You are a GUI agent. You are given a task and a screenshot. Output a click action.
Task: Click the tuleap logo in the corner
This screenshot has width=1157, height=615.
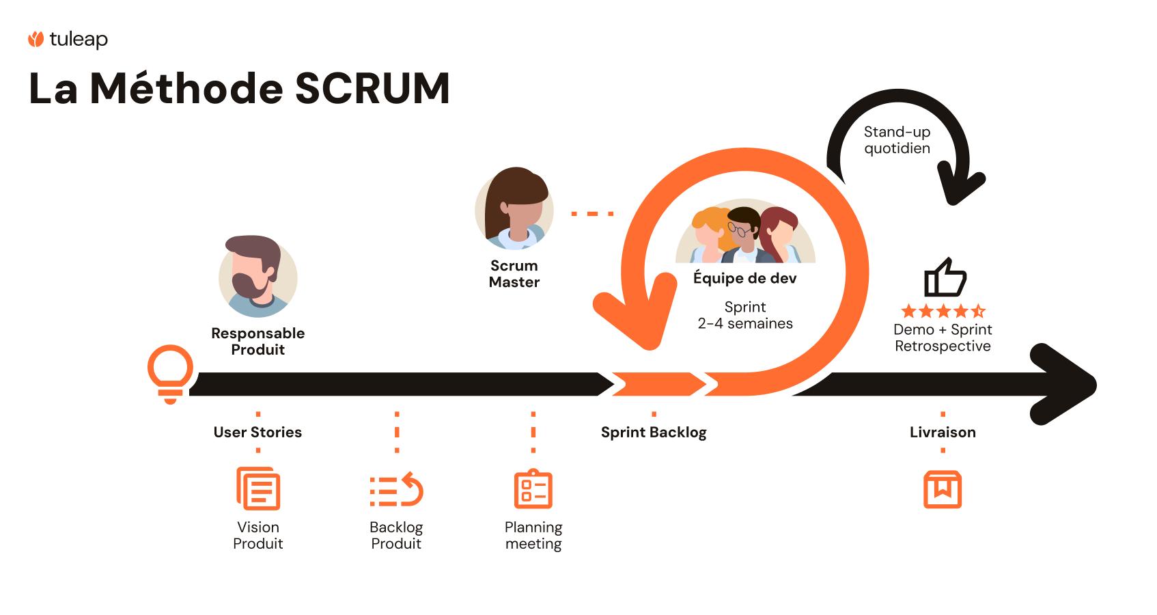pos(68,40)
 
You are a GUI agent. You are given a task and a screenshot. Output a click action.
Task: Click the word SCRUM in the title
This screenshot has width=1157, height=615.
pos(372,89)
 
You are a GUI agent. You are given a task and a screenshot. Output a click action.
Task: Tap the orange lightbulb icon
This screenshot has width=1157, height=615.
pos(170,372)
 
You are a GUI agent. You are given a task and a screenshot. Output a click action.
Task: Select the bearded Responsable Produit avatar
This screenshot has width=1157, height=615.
pos(258,277)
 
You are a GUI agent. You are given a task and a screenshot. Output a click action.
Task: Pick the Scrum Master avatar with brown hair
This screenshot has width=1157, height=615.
pos(514,209)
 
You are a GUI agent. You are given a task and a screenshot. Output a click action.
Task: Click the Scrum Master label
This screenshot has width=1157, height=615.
pos(514,274)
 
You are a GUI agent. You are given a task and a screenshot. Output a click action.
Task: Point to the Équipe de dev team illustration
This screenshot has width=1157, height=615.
pos(745,232)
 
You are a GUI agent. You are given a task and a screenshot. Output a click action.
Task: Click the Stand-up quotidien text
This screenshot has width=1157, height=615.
pos(897,140)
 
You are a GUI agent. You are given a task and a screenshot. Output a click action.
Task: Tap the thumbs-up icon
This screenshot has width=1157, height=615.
pos(945,277)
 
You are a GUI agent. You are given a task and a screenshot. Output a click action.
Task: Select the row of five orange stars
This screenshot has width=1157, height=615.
pos(943,312)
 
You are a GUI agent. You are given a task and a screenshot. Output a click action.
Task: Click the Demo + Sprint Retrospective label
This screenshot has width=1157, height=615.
pos(943,338)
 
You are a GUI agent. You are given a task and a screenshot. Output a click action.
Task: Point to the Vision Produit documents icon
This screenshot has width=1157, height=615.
pos(258,489)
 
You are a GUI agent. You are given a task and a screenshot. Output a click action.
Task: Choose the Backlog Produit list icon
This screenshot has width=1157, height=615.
pos(396,490)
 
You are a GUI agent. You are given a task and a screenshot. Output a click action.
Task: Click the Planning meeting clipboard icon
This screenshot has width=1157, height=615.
pos(533,489)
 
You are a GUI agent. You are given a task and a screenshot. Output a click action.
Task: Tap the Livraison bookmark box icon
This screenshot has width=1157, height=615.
pos(943,489)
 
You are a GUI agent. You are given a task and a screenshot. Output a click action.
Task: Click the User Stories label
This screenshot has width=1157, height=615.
pos(257,432)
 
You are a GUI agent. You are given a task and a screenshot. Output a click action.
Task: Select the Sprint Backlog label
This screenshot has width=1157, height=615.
pos(654,432)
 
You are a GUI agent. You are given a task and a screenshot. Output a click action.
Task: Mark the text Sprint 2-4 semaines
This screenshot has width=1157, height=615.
pos(745,315)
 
